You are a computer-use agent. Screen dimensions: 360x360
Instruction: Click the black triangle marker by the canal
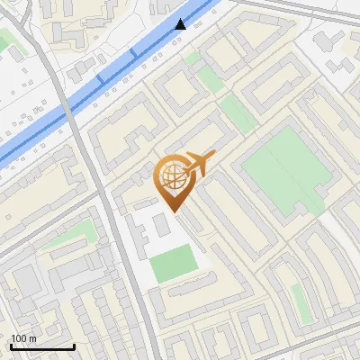point(182,24)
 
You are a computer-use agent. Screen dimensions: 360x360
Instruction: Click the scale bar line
point(41,346)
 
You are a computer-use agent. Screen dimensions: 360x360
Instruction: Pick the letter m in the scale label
point(33,338)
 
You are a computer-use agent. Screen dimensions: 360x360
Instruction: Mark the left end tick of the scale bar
point(10,345)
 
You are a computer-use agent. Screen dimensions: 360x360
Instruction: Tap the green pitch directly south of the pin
point(173,263)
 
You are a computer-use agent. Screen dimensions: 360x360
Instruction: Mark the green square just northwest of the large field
point(208,79)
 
